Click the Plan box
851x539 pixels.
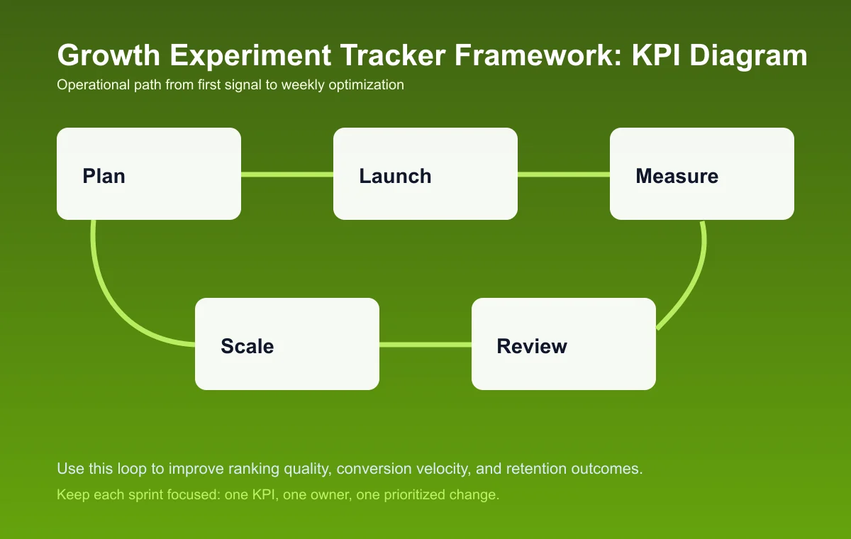[x=149, y=174]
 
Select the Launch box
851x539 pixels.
[x=425, y=174]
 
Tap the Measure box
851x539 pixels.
[x=702, y=174]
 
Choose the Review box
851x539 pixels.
[x=564, y=344]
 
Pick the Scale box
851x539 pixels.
[x=287, y=344]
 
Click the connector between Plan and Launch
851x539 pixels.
[x=287, y=174]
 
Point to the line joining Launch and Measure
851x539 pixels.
[x=564, y=174]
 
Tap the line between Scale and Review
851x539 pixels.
[x=425, y=345]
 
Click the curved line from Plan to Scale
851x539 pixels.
[x=113, y=298]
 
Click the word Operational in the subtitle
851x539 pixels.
[x=87, y=85]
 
